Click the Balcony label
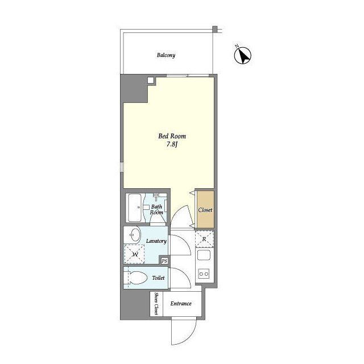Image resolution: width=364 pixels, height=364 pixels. click(x=166, y=55)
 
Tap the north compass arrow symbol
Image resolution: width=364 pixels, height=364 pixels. click(x=243, y=56)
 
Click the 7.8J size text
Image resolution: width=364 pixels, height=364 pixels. click(x=172, y=144)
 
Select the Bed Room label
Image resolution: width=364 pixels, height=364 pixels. click(x=172, y=136)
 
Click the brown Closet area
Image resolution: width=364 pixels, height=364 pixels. click(x=205, y=209)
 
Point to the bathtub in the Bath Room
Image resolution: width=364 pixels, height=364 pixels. click(x=135, y=208)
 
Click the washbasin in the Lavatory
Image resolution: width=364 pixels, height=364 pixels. click(x=134, y=235)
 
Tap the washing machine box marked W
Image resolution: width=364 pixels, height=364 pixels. click(x=134, y=254)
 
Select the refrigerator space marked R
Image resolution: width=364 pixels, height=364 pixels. click(x=204, y=239)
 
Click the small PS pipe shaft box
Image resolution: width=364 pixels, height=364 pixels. click(x=164, y=261)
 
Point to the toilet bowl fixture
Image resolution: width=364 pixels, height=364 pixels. click(x=136, y=278)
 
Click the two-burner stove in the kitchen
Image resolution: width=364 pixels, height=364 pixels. click(x=204, y=274)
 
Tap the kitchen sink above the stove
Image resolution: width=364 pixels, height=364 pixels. click(x=204, y=255)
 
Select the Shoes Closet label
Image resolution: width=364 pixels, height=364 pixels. click(x=156, y=303)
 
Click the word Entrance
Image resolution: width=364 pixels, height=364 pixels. click(x=181, y=303)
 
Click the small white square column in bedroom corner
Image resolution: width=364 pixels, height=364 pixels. click(x=150, y=80)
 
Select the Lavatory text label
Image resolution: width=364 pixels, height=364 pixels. click(x=156, y=241)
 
